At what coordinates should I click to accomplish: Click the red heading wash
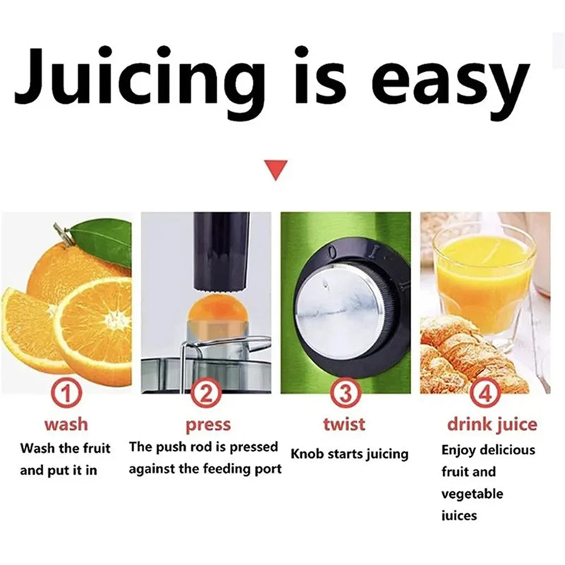pyautogui.click(x=66, y=424)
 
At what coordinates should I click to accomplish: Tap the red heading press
pyautogui.click(x=208, y=425)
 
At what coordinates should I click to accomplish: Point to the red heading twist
pyautogui.click(x=344, y=424)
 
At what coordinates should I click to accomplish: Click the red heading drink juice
pyautogui.click(x=492, y=424)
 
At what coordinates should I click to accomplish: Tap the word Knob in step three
pyautogui.click(x=308, y=453)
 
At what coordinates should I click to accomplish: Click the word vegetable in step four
pyautogui.click(x=472, y=493)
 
